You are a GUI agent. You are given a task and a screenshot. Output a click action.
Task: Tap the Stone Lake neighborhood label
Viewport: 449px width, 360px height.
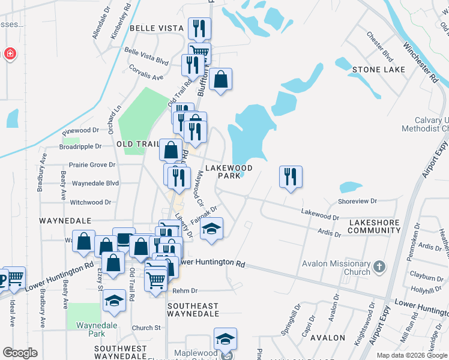(378, 70)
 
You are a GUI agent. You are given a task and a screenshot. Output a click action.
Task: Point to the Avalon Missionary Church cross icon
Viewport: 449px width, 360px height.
(379, 266)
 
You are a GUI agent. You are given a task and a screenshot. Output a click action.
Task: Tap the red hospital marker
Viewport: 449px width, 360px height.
(10, 55)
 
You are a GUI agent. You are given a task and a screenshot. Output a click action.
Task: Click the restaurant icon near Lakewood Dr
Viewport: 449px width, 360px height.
(291, 177)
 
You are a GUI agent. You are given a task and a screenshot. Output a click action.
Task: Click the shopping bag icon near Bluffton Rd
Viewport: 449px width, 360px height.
(220, 79)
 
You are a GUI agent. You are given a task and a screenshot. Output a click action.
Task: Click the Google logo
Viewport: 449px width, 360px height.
(20, 353)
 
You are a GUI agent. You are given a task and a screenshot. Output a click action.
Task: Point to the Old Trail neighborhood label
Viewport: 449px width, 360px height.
(137, 144)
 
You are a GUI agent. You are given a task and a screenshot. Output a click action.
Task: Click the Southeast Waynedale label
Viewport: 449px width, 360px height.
(193, 309)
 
